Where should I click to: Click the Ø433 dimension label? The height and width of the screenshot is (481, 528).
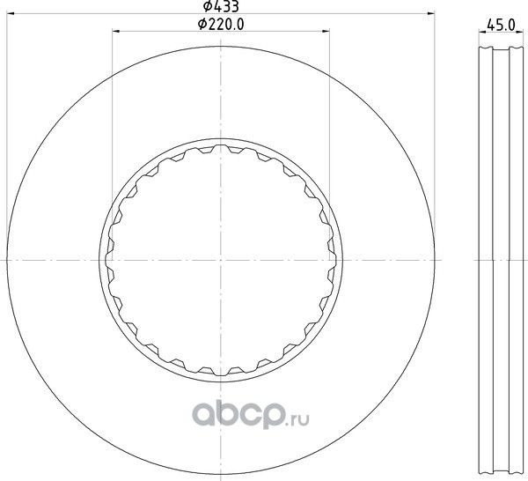coord(221,6)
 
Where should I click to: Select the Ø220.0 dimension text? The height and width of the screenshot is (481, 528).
coord(221,25)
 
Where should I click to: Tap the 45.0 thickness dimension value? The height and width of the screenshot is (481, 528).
coord(502,25)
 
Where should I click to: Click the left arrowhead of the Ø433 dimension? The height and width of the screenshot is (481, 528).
coord(11,13)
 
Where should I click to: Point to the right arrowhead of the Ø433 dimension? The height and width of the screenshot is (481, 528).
coord(430,13)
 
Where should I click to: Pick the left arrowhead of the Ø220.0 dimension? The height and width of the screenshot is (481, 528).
coord(116,32)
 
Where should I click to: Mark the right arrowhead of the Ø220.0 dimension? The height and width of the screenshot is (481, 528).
coord(326,32)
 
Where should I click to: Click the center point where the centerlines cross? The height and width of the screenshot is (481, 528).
coord(221,260)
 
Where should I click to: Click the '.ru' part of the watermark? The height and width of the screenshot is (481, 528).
coord(297,419)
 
